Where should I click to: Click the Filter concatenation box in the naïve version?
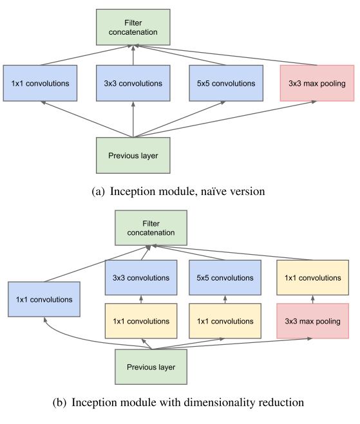[133, 27]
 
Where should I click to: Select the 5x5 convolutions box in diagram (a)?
[226, 83]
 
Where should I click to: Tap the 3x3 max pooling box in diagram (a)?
[317, 83]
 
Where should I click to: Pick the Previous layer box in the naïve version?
[133, 155]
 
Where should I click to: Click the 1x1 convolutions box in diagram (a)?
[40, 83]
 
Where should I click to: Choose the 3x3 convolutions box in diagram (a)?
[133, 83]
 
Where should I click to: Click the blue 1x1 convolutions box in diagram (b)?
[44, 299]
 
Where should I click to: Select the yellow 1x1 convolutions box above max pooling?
[312, 277]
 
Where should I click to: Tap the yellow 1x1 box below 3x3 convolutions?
[141, 320]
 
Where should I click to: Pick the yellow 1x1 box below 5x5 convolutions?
[225, 320]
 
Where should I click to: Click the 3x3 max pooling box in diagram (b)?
[312, 320]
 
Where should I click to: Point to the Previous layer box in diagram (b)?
[151, 367]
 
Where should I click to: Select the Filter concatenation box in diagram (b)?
[151, 228]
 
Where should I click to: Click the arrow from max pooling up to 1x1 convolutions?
[312, 299]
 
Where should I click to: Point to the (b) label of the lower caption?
[59, 403]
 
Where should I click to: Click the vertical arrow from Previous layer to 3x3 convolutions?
[133, 119]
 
